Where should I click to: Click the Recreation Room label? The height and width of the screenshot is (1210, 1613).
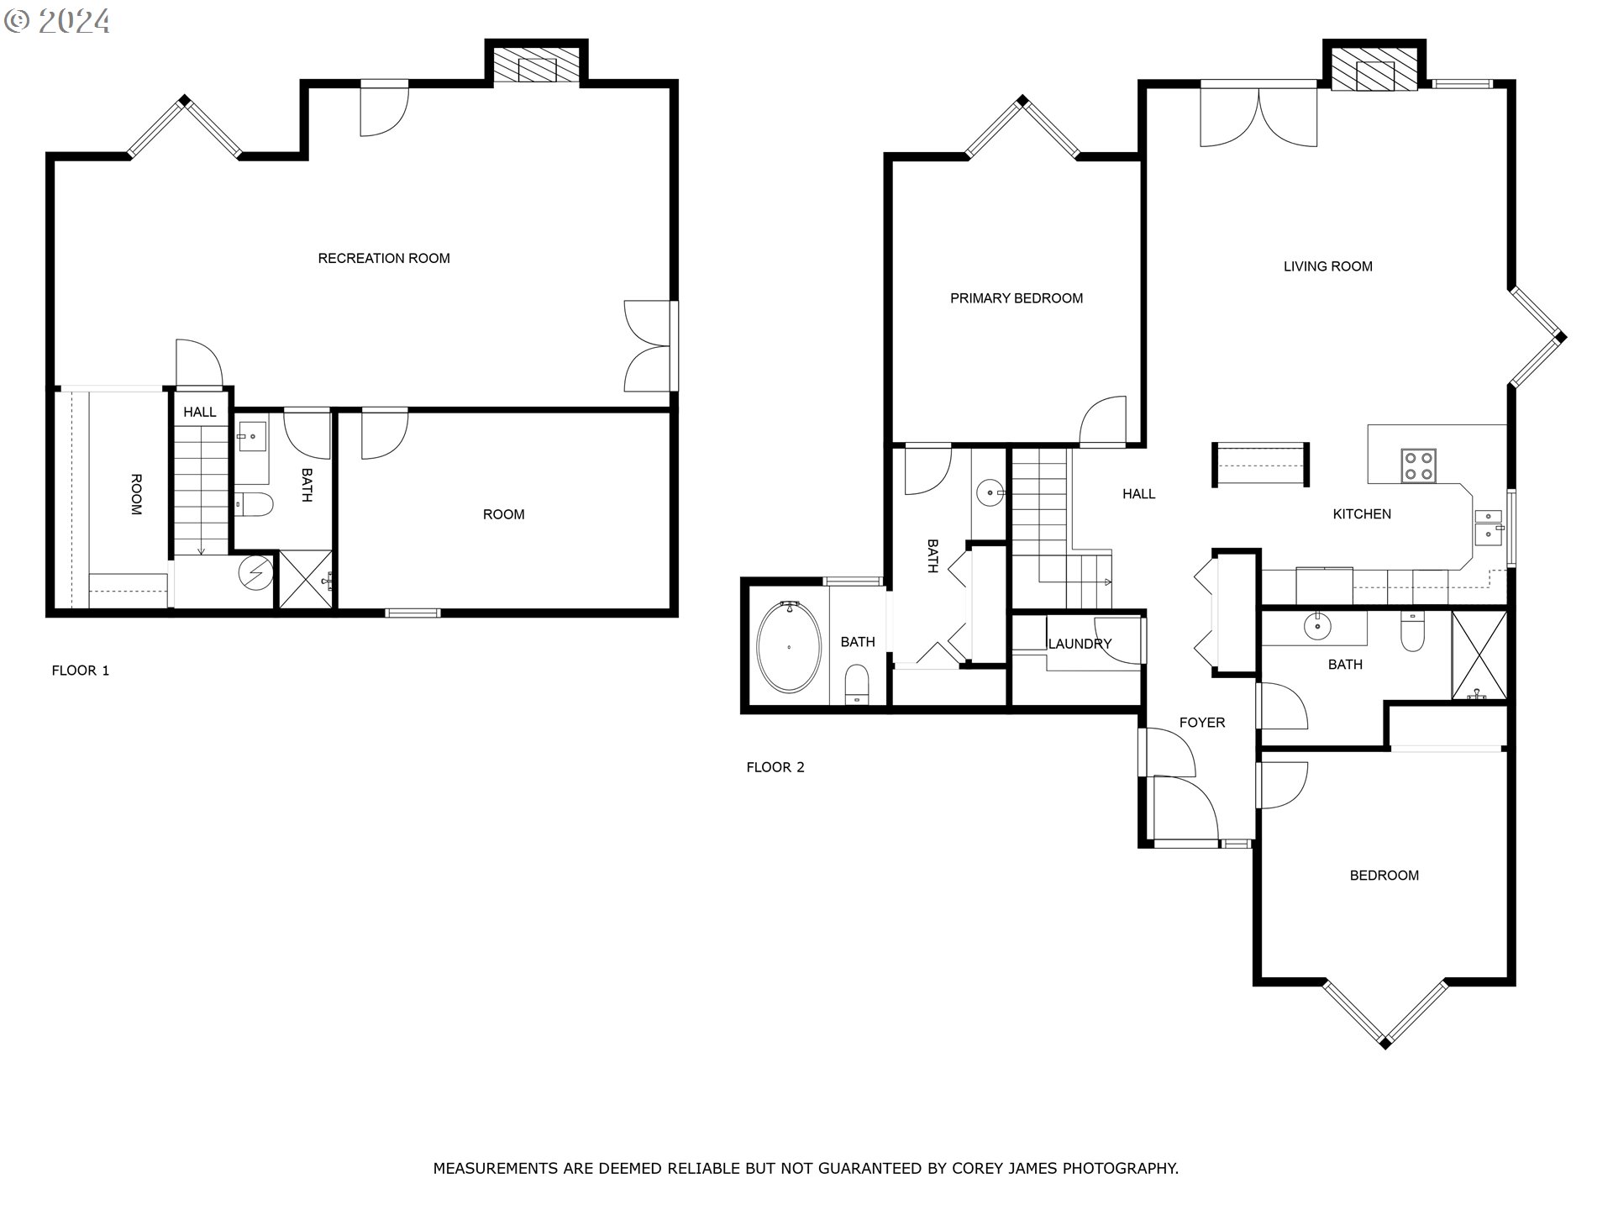(384, 259)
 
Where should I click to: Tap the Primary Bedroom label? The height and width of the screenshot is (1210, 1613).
(1017, 298)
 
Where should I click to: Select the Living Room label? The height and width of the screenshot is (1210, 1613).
(1328, 266)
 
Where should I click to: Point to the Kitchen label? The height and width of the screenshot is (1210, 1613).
(1362, 514)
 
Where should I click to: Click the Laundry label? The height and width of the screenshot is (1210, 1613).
(1080, 644)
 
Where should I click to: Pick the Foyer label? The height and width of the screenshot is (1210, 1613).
(1202, 723)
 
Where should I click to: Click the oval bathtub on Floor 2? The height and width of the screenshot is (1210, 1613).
(789, 647)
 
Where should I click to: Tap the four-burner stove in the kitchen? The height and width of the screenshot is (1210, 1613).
(1418, 466)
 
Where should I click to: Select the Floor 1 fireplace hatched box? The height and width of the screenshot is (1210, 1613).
(536, 66)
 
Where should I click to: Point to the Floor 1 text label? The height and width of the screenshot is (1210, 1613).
(81, 671)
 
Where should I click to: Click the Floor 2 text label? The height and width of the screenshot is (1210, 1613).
(775, 767)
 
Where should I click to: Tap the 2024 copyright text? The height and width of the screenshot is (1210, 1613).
(58, 21)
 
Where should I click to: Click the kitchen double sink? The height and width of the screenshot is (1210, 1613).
(1490, 525)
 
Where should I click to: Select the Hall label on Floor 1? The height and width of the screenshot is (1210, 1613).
(200, 413)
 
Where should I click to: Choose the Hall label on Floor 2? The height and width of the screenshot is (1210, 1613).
(1139, 494)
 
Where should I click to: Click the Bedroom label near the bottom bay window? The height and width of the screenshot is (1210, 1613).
(1384, 876)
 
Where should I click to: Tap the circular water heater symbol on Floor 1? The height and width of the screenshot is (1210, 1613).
(255, 573)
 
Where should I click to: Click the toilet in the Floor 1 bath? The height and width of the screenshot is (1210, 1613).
(254, 504)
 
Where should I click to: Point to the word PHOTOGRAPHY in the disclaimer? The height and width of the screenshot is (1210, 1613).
(1121, 1169)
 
